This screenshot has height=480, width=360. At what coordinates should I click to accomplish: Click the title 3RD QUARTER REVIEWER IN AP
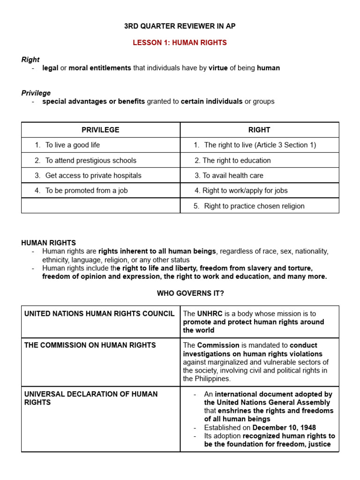coord(180,26)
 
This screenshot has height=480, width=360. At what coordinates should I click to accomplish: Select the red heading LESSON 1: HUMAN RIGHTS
coord(180,43)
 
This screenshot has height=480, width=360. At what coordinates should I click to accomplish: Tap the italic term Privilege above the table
coord(36,93)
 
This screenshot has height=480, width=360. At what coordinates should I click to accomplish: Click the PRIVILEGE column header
coord(100,130)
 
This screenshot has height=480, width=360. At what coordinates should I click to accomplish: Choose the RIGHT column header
coord(259,130)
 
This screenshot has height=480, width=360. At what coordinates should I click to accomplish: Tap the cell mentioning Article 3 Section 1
coord(260,145)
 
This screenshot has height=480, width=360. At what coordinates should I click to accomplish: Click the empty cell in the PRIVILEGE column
coord(100,206)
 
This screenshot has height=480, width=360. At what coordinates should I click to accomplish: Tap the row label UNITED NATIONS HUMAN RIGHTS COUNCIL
coord(99,314)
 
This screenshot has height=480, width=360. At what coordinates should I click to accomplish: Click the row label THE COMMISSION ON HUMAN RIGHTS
coord(90,345)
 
